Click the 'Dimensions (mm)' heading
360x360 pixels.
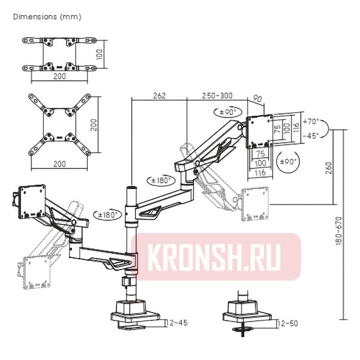(x=47, y=16)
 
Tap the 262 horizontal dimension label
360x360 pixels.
(x=159, y=95)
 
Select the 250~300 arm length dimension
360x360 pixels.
(x=217, y=95)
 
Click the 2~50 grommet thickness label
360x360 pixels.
(x=290, y=323)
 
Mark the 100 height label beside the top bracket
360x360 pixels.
(x=100, y=54)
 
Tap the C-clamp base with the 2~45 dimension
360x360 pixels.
(x=133, y=315)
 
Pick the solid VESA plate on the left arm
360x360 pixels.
(x=32, y=199)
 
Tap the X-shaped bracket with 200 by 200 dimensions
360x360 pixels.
(x=59, y=125)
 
